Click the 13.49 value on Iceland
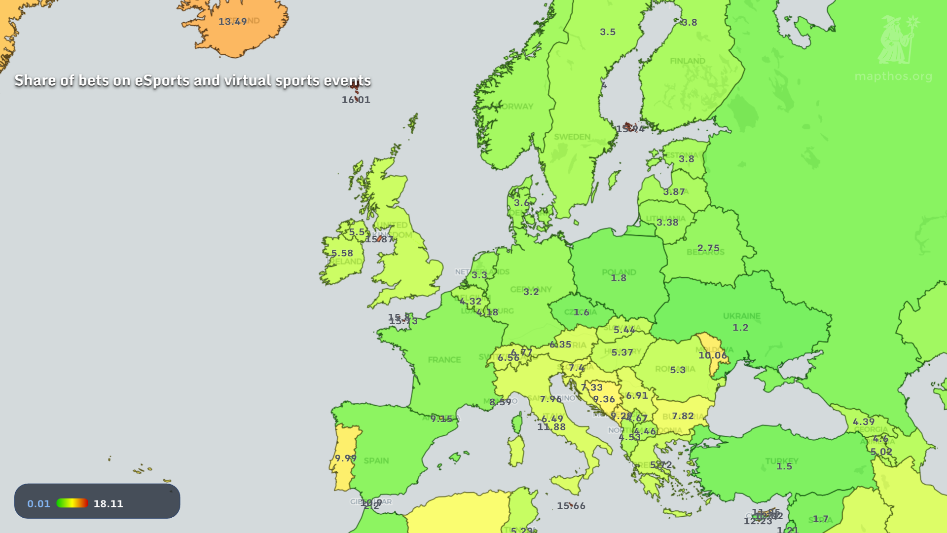point(232,22)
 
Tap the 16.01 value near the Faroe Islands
point(356,100)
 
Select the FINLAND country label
point(687,61)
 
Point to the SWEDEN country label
point(572,137)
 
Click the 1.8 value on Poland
point(619,278)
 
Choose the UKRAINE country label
point(741,316)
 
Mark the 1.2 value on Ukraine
point(740,328)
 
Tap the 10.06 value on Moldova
point(713,355)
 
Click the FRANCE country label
point(444,360)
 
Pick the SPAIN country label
point(376,460)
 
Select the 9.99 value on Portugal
point(346,458)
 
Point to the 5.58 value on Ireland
point(342,253)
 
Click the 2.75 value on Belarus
point(708,248)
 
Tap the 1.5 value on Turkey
point(784,466)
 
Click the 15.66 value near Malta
point(571,506)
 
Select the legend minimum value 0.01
point(38,503)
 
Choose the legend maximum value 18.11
point(109,503)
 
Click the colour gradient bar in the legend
point(72,503)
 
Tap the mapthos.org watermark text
point(893,76)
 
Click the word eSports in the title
point(162,80)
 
